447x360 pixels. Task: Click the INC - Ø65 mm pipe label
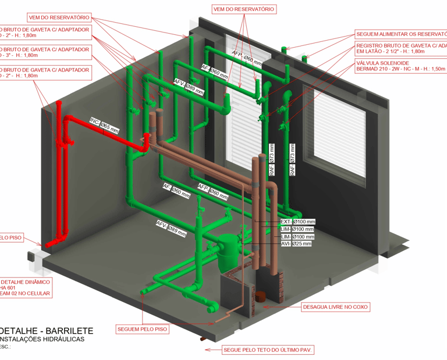(104, 124)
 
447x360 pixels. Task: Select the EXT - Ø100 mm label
(297, 222)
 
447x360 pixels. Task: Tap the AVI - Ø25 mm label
(296, 244)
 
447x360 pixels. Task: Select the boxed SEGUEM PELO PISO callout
(143, 329)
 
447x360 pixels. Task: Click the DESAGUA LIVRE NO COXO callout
(336, 306)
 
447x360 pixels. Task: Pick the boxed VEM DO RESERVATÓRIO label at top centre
(243, 10)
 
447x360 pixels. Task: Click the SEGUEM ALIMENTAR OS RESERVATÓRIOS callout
(400, 34)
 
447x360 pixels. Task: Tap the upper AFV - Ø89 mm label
(189, 87)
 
